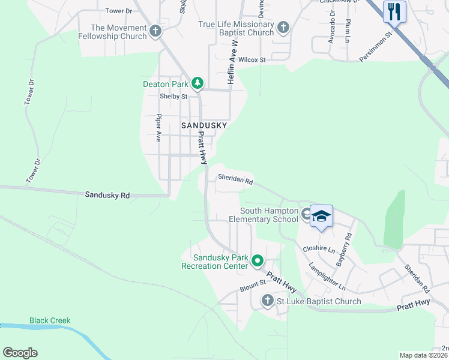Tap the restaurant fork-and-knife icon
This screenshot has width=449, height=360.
[394, 11]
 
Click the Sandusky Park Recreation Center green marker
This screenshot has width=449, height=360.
[258, 261]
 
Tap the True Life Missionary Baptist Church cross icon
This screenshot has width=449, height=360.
[283, 28]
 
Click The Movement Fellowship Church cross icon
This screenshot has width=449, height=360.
[155, 31]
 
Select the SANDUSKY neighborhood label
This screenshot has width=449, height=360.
[204, 125]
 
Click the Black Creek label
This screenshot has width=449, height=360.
[50, 320]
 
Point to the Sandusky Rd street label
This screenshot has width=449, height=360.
[107, 195]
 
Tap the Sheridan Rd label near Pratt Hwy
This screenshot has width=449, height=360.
[235, 179]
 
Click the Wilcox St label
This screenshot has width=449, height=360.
[252, 60]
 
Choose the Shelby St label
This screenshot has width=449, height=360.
[173, 97]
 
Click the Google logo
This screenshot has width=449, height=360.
[20, 353]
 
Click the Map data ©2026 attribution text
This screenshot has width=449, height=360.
[423, 355]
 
